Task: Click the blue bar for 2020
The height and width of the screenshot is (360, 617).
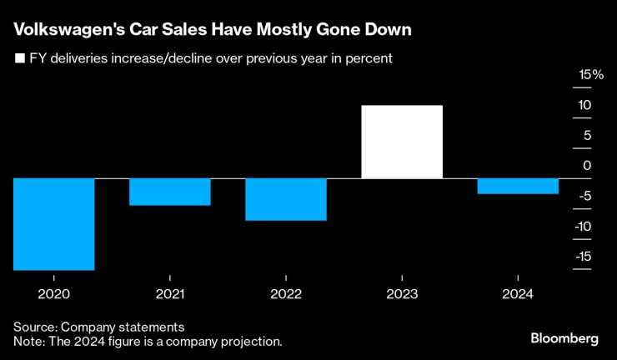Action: click(54, 224)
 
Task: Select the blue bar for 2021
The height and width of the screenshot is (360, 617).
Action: click(170, 192)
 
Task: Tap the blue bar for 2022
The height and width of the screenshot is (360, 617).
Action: click(286, 199)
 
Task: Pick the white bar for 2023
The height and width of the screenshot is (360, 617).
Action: click(402, 142)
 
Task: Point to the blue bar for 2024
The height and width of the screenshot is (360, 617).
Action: click(518, 186)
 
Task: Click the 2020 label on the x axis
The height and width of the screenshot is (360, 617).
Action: click(54, 294)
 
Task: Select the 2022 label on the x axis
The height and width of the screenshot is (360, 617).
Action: click(286, 294)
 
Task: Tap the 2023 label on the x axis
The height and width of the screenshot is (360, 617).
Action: click(402, 294)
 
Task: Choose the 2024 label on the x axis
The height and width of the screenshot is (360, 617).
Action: click(518, 294)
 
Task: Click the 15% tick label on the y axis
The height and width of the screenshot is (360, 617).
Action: click(591, 75)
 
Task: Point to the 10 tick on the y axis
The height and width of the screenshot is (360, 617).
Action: click(586, 106)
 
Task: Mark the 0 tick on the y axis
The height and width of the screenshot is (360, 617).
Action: click(586, 166)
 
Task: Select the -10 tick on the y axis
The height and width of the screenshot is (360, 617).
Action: click(584, 226)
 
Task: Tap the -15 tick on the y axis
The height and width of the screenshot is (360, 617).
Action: click(584, 256)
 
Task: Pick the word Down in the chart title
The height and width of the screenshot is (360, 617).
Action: click(390, 31)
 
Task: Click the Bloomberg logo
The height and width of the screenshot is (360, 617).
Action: click(564, 338)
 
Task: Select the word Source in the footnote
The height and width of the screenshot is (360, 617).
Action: click(33, 327)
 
